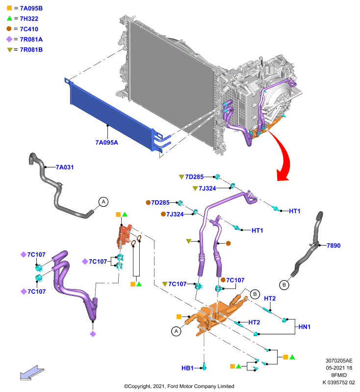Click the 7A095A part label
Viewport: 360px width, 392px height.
[106, 143]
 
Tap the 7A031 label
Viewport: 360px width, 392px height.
[65, 167]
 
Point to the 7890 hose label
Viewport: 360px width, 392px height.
[334, 245]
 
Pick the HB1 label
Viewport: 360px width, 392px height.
[187, 368]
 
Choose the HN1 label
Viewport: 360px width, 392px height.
[305, 327]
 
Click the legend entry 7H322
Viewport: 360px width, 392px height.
[29, 19]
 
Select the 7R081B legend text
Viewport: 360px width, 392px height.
[31, 50]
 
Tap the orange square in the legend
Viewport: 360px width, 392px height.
[9, 8]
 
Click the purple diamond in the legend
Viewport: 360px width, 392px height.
[9, 39]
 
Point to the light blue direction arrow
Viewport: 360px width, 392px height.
[32, 373]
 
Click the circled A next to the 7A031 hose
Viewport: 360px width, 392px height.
[103, 201]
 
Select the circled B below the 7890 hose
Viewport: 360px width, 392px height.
[284, 285]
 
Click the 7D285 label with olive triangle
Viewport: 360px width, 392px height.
[194, 177]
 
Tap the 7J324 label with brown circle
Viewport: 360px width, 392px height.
[175, 214]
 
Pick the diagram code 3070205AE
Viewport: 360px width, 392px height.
[339, 361]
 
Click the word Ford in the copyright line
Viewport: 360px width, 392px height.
[173, 386]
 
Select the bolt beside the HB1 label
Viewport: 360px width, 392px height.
[205, 366]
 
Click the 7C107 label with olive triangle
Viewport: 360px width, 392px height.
[178, 284]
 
